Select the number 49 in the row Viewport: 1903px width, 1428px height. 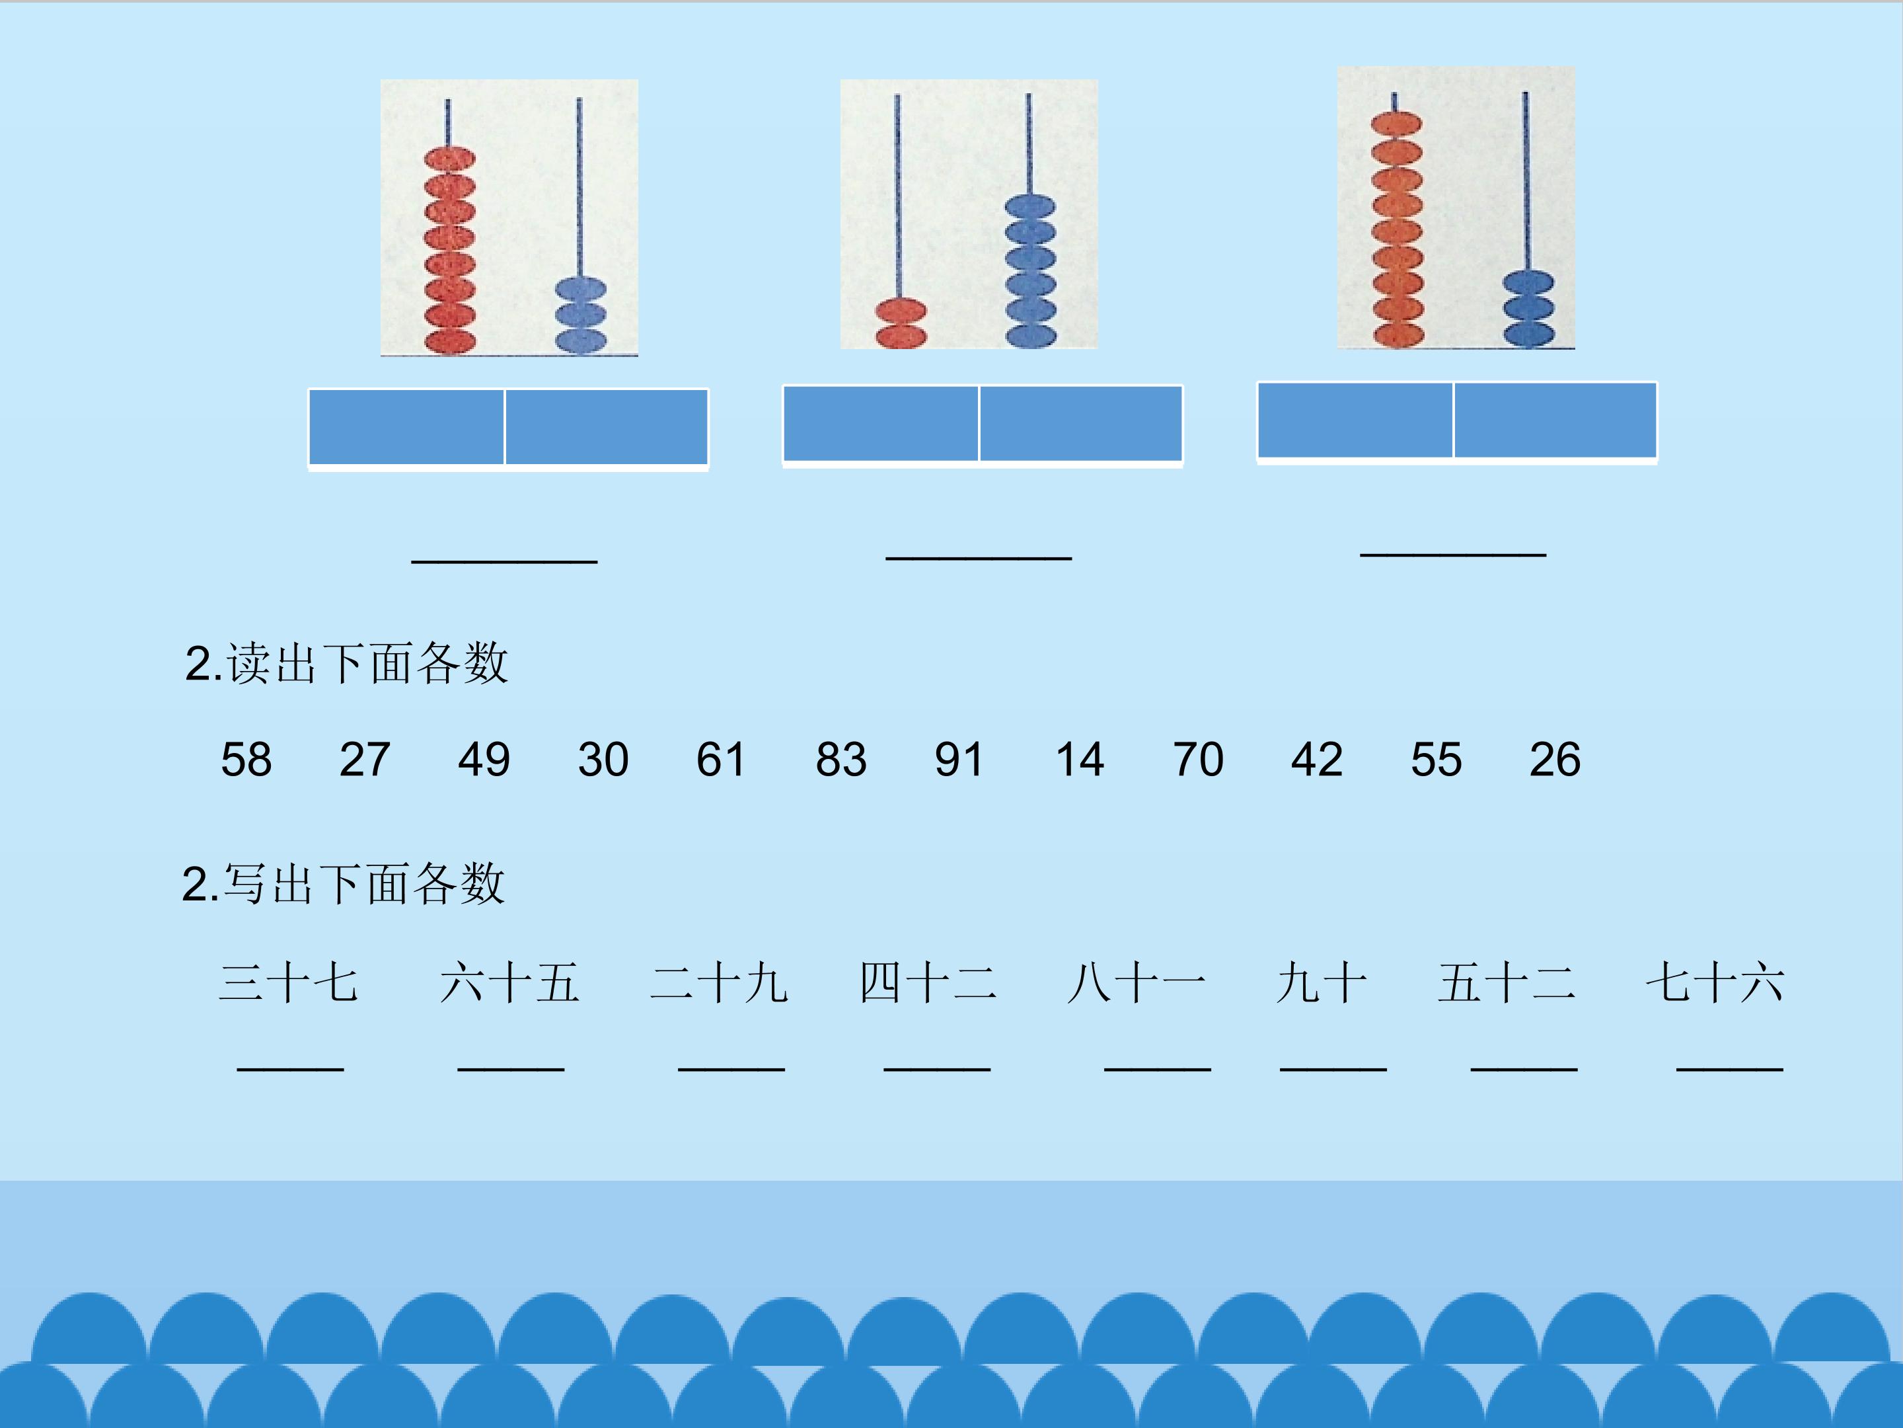coord(484,759)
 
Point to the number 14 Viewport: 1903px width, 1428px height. coord(1080,759)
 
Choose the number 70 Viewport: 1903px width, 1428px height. coord(1197,759)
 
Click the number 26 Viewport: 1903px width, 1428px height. coord(1555,759)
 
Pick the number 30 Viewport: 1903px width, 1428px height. coord(603,759)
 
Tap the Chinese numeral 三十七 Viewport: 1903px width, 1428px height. coord(288,983)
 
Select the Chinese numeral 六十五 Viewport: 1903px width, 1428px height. coord(509,983)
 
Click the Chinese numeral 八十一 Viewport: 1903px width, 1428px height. coord(1136,983)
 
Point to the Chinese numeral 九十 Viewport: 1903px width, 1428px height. coord(1322,983)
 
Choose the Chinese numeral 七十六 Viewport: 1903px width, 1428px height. coord(1715,983)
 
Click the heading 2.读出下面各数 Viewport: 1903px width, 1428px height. coord(347,663)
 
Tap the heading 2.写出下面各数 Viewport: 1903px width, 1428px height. coord(343,884)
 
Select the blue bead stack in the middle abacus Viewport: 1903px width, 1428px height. coord(1029,271)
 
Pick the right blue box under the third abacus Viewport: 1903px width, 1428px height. coord(1555,420)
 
